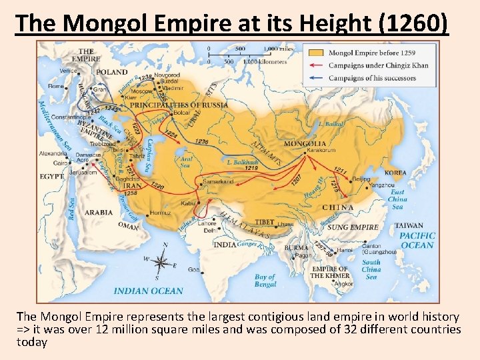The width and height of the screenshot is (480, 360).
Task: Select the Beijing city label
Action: point(361,179)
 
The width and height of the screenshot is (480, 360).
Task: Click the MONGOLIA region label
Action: point(305,143)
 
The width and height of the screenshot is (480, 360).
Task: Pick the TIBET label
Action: point(264,222)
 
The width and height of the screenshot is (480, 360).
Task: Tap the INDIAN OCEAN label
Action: point(148,291)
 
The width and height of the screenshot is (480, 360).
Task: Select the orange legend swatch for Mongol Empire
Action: point(317,53)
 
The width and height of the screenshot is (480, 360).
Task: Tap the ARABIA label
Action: point(99,213)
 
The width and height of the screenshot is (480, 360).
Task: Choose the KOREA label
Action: point(395,172)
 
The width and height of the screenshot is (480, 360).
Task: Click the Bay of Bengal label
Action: point(265,281)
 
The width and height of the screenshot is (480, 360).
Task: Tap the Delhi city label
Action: point(210,230)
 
